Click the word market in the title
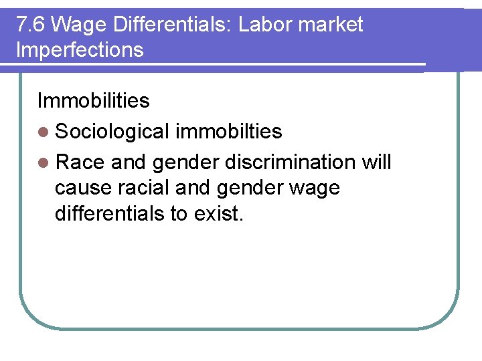tap(332, 25)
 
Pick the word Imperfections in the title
tap(80, 49)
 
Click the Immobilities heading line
tap(93, 100)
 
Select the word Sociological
tap(112, 132)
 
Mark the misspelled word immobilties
tap(228, 132)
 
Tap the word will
tap(376, 162)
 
